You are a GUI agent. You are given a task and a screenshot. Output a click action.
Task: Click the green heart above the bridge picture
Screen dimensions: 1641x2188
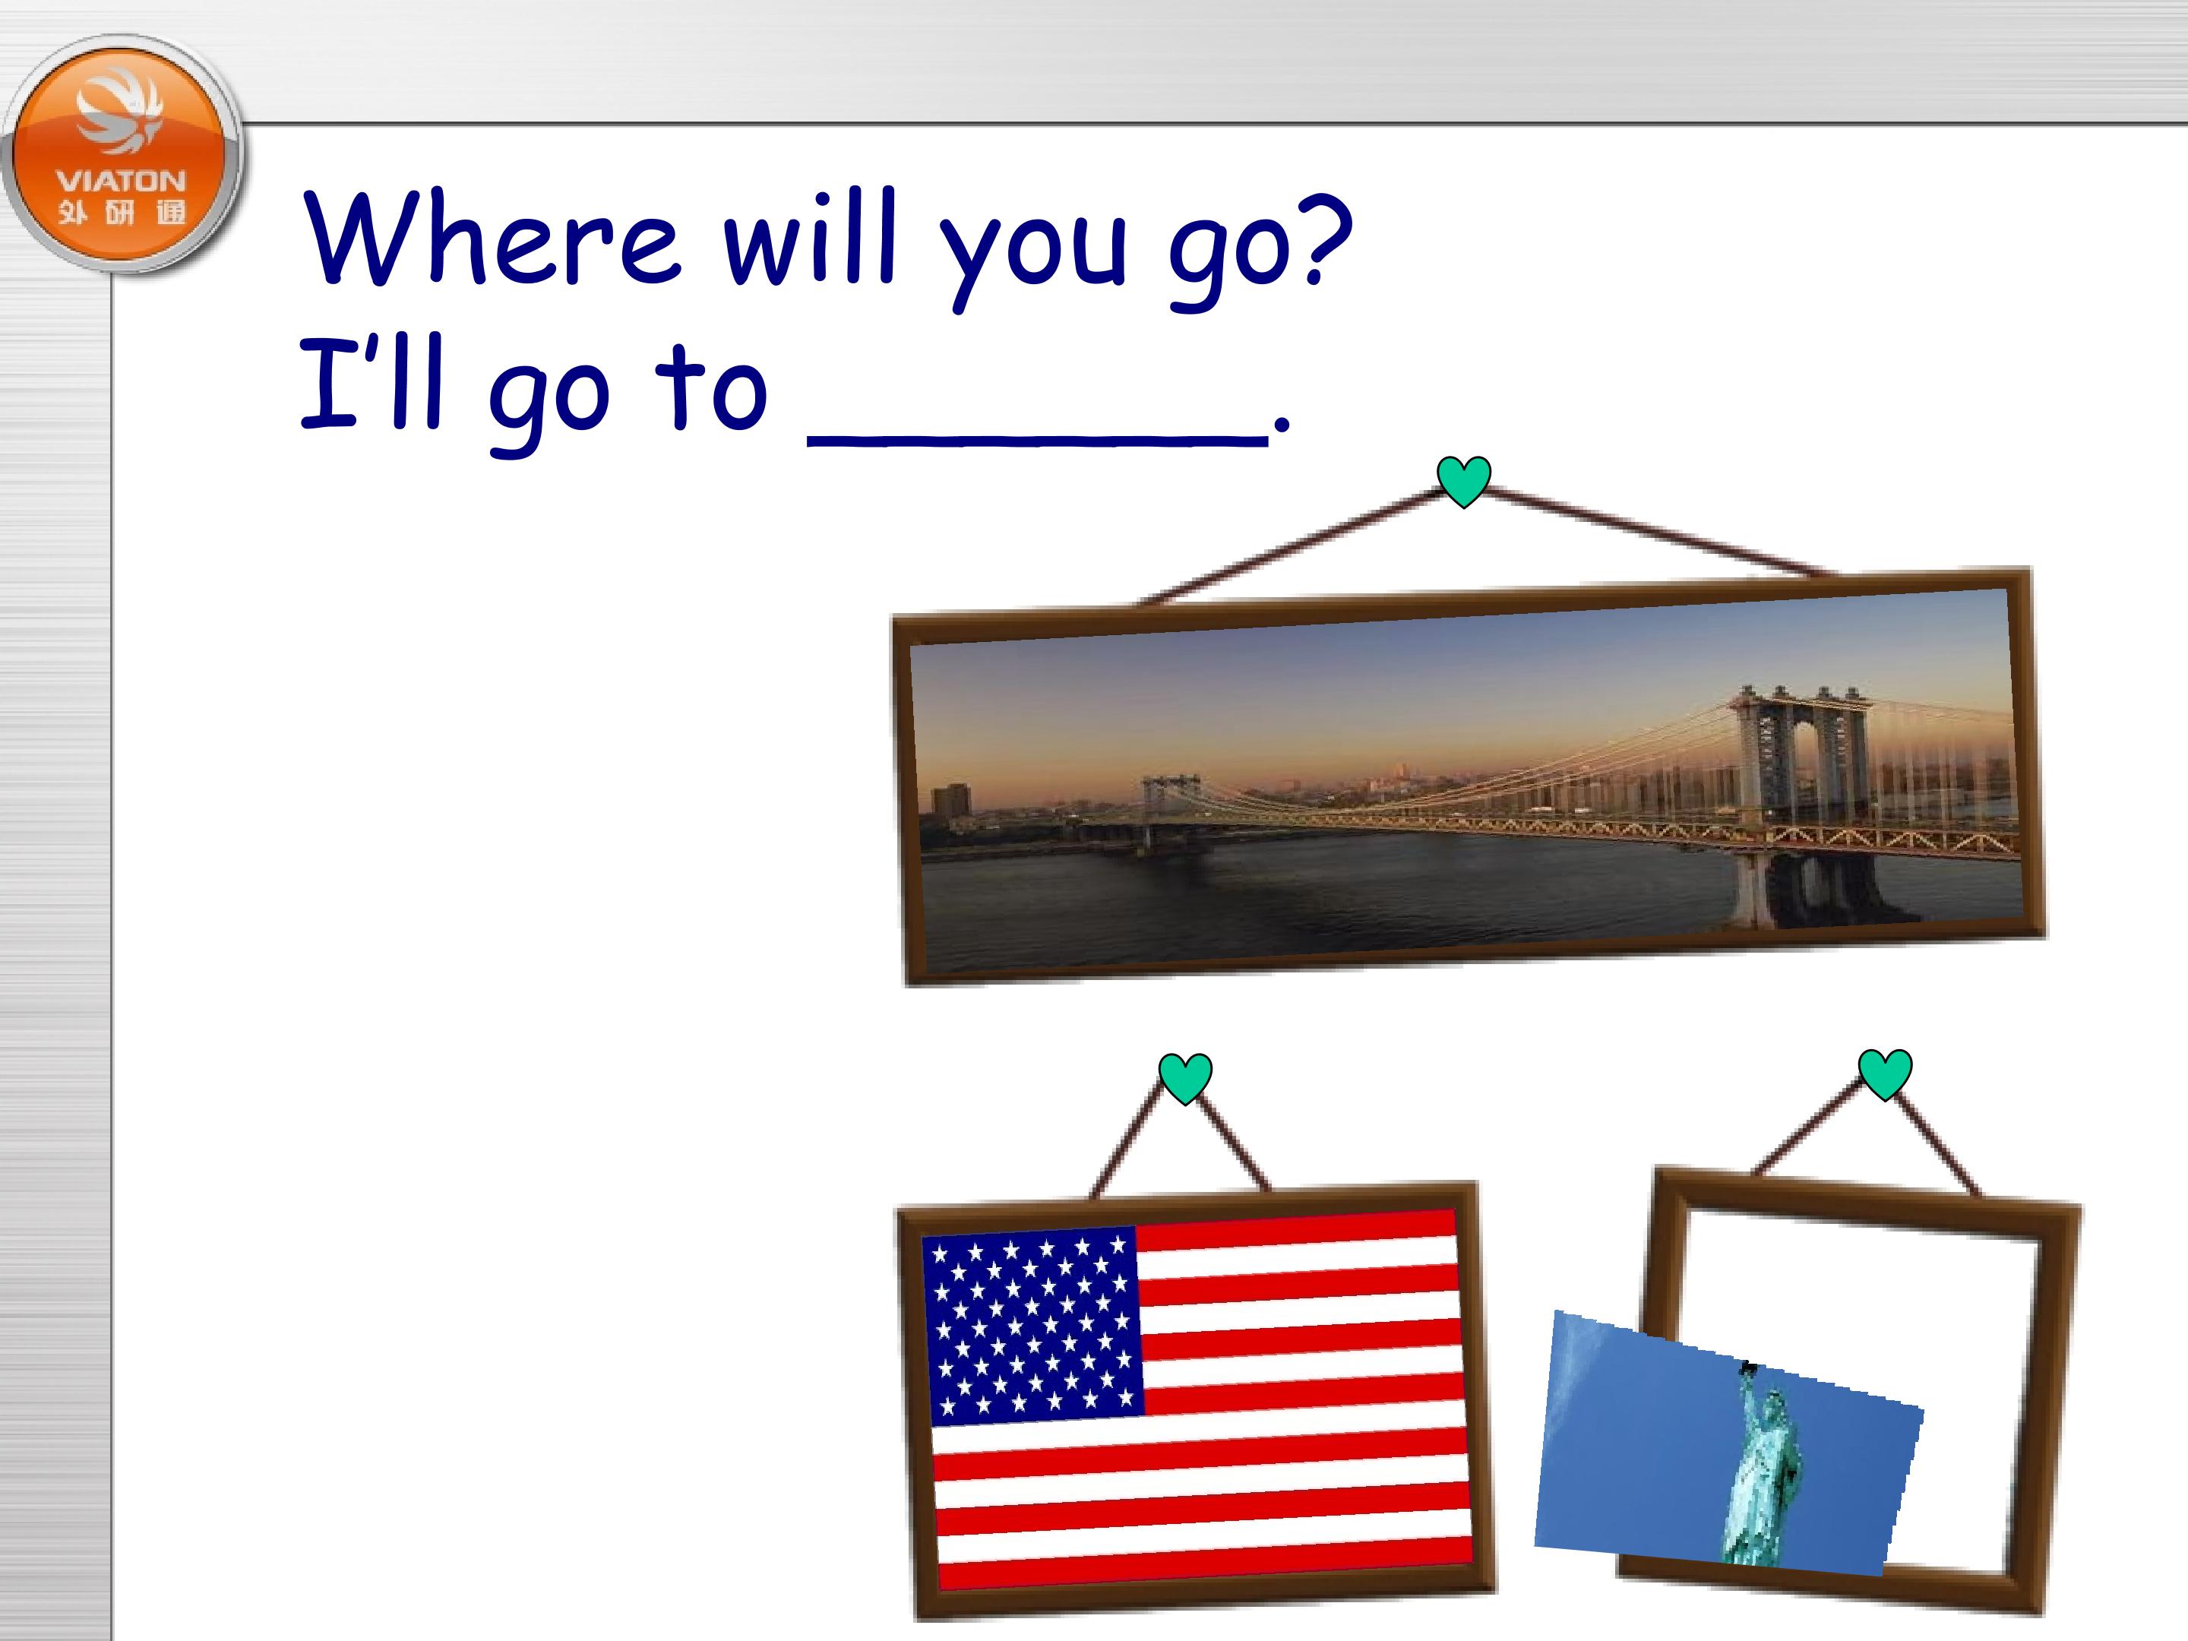pos(1463,481)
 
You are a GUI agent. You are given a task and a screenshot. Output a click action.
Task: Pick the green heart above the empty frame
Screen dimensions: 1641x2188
pos(1884,1073)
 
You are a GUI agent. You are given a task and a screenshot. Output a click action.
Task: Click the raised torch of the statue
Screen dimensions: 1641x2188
pos(1747,1370)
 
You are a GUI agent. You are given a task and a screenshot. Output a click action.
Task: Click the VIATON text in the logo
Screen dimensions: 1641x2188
pos(122,181)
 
